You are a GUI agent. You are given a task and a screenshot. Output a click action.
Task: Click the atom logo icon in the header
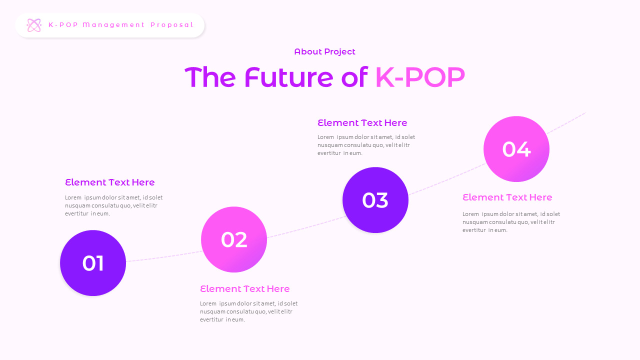(x=34, y=25)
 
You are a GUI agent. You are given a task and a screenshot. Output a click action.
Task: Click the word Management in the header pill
(x=113, y=25)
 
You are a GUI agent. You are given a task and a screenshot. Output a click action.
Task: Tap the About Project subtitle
(x=324, y=51)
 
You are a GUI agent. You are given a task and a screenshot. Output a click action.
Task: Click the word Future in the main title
(x=288, y=78)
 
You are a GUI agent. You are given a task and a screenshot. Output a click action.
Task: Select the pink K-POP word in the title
(x=419, y=78)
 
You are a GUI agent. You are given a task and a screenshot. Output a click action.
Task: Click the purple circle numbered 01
(x=93, y=263)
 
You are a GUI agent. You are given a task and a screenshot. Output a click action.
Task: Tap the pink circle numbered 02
(x=234, y=239)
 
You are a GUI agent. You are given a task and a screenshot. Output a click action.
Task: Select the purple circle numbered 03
(x=375, y=200)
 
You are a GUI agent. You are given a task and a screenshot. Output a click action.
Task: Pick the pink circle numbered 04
(x=516, y=149)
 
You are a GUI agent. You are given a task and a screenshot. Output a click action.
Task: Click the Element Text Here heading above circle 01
(x=110, y=182)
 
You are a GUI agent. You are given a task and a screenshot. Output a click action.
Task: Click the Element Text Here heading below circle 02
(x=245, y=289)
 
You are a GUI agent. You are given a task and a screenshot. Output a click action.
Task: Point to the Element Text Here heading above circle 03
(x=362, y=123)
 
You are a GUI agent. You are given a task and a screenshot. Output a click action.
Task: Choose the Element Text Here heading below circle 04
(x=507, y=197)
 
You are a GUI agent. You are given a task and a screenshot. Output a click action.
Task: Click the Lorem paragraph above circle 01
(x=113, y=205)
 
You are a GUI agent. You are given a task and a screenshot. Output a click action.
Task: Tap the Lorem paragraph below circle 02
(x=248, y=311)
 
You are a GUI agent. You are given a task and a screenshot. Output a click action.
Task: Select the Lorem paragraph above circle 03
(x=366, y=145)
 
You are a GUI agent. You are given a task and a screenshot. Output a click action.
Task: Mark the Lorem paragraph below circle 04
(x=511, y=222)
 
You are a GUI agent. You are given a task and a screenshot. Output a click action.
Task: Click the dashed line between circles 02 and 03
(x=305, y=227)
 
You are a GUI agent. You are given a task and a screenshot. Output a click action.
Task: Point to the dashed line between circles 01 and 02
(x=165, y=256)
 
